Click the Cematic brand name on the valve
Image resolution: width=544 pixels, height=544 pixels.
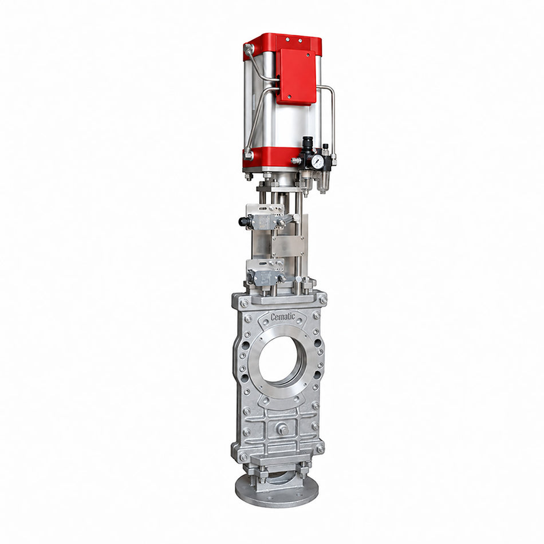(x=283, y=317)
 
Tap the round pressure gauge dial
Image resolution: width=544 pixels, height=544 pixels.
(x=317, y=161)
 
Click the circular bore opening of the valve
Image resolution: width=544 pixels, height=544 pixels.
(x=283, y=360)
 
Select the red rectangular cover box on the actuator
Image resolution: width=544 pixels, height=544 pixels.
(x=297, y=76)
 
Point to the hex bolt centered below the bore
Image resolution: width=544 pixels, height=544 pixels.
(x=282, y=429)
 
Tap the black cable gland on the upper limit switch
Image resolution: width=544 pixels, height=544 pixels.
(x=243, y=221)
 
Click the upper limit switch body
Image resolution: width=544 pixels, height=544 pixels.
(x=263, y=221)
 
